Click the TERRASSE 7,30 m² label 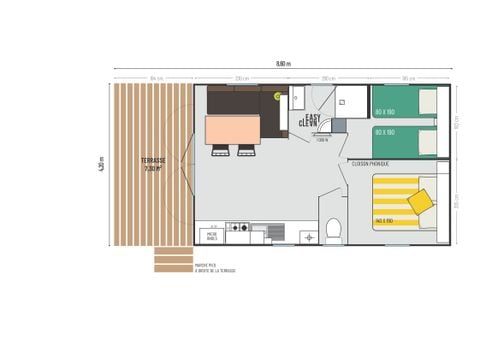pyautogui.click(x=152, y=164)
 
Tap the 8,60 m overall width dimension pyautogui.click(x=283, y=64)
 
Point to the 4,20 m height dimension pyautogui.click(x=102, y=165)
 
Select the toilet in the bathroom pyautogui.click(x=334, y=231)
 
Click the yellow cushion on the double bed pyautogui.click(x=421, y=201)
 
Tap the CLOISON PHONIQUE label pyautogui.click(x=370, y=163)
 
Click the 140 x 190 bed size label pyautogui.click(x=385, y=221)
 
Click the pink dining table pyautogui.click(x=232, y=129)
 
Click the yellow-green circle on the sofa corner pyautogui.click(x=277, y=96)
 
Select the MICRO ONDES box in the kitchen pyautogui.click(x=211, y=237)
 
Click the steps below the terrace pyautogui.click(x=173, y=260)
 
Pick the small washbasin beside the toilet pyautogui.click(x=307, y=237)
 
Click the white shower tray pyautogui.click(x=350, y=101)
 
